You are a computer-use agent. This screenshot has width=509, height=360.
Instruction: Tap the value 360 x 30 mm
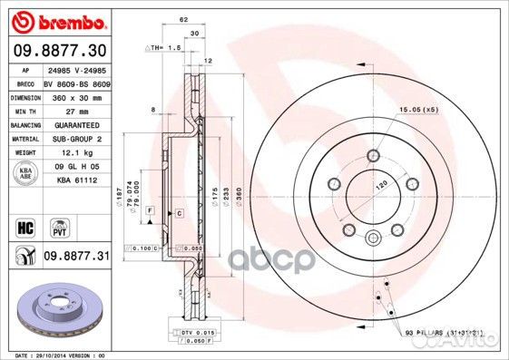75,96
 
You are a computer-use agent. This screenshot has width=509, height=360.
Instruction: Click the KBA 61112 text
75,181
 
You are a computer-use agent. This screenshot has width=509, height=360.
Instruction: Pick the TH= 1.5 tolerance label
163,45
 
